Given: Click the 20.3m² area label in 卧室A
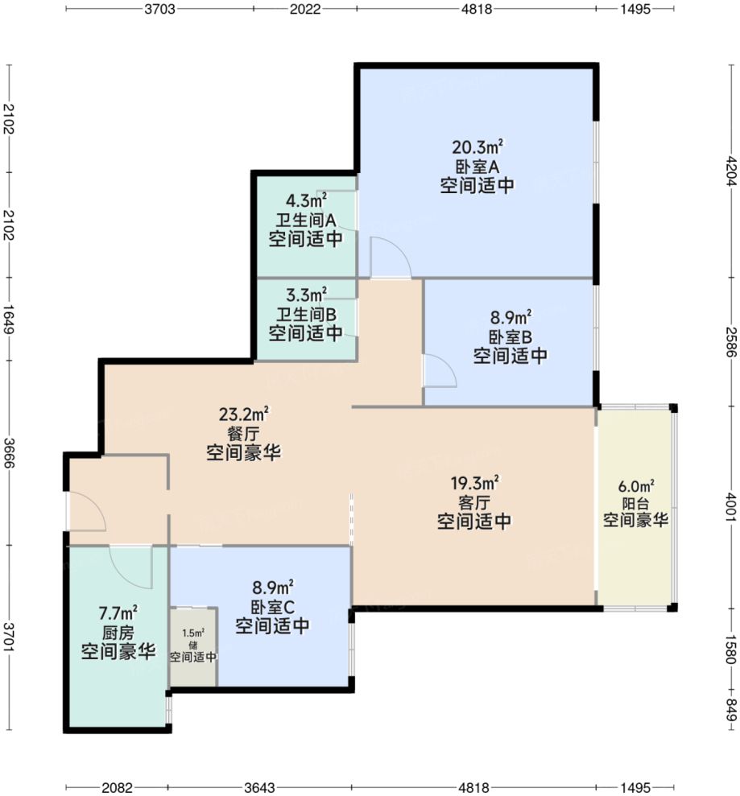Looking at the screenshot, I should coord(477,147).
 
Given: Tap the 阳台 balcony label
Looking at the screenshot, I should coord(636,503).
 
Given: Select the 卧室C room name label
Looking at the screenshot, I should coord(271,607).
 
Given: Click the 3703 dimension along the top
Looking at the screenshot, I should coord(159,10).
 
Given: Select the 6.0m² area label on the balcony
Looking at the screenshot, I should coord(636,486).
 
